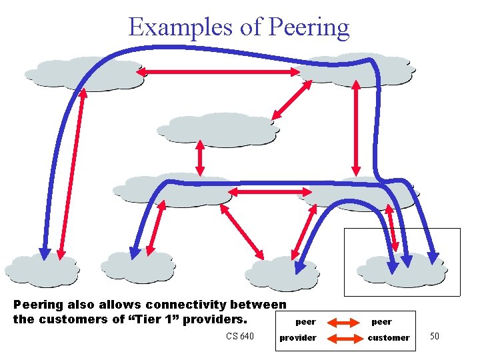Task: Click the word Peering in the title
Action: [x=308, y=27]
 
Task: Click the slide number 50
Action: [x=434, y=336]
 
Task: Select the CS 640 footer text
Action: [x=239, y=336]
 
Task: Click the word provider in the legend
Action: [x=298, y=338]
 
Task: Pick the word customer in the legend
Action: [x=389, y=338]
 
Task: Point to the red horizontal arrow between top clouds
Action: [x=220, y=71]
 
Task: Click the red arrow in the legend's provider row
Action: [x=344, y=338]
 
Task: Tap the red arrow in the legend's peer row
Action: [x=344, y=322]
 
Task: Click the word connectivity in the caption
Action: [x=172, y=305]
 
